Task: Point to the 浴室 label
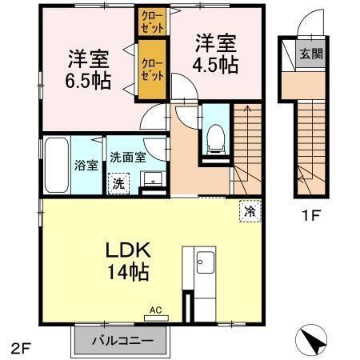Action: coord(86,166)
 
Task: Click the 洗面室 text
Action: coord(127,157)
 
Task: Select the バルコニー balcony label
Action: coord(122,338)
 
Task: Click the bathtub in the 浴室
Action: coord(55,165)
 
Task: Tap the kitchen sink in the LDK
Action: coord(202,262)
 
